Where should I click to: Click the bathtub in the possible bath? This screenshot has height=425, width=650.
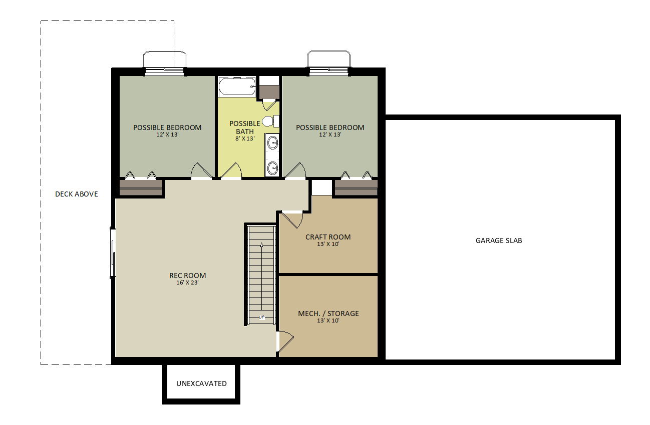tap(237, 86)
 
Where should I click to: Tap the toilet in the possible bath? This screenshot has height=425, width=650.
tap(270, 121)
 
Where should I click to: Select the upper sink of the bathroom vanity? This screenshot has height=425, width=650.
tap(272, 142)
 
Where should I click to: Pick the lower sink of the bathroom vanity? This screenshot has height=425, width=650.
tap(272, 167)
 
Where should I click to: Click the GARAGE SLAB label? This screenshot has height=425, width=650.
tap(499, 240)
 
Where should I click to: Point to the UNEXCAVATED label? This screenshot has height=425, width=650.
tap(201, 383)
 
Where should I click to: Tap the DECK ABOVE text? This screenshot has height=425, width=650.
tap(77, 194)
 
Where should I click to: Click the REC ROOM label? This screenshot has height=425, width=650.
tap(187, 275)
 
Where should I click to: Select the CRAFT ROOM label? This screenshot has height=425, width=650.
tap(328, 237)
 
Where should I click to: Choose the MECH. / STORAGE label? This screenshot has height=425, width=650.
tap(328, 313)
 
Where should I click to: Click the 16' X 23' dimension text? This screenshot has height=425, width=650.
tap(187, 282)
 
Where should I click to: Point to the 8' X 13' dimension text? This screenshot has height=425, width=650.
tap(245, 138)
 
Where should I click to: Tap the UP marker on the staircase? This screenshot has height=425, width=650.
tap(262, 317)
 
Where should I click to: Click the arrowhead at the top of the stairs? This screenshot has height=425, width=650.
tap(262, 245)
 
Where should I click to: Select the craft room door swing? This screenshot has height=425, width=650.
tap(293, 220)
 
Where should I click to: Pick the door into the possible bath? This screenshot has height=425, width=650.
tap(231, 170)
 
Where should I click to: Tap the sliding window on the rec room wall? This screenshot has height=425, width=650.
tap(113, 253)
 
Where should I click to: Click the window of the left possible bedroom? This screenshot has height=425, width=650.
tap(165, 71)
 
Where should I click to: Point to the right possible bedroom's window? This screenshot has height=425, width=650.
tap(329, 71)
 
